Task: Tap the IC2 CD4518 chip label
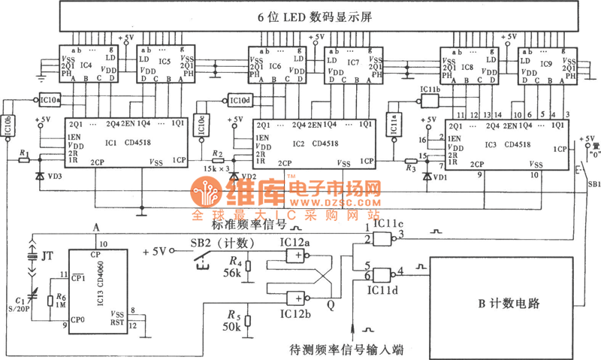[x=316, y=142]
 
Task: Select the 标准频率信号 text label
[x=239, y=224]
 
